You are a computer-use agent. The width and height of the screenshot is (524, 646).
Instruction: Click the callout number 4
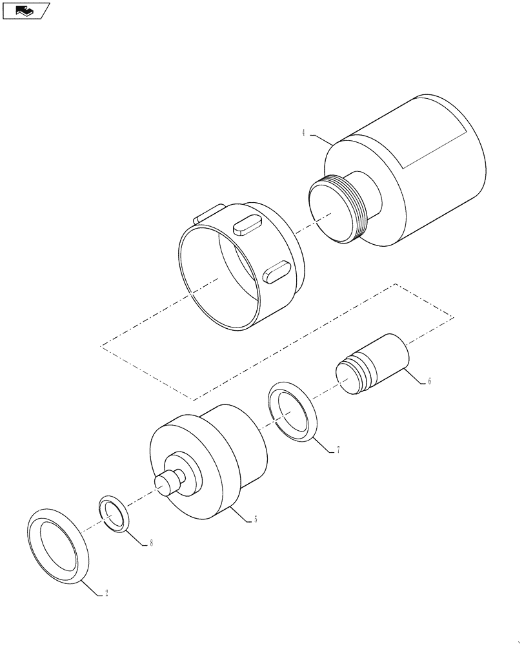coord(303,133)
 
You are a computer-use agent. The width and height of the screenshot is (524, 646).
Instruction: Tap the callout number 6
coord(429,381)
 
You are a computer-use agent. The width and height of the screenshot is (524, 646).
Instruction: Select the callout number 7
coord(338,450)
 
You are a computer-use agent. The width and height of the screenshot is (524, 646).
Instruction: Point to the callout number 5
coord(256,519)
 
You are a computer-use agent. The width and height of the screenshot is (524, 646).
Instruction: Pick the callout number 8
coord(151,543)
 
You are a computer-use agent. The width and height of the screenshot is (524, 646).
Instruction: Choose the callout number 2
coord(106,592)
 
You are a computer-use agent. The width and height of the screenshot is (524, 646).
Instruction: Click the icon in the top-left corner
coord(26,10)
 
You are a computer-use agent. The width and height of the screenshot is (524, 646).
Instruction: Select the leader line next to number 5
coord(242,513)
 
